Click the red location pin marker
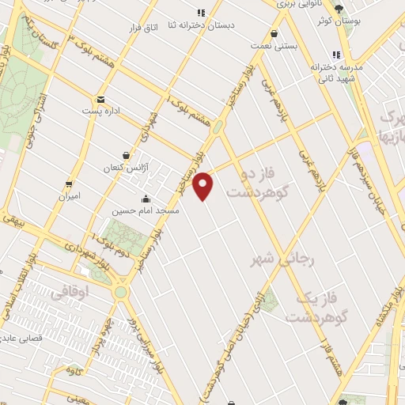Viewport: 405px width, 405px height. (204, 186)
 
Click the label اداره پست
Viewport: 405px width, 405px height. (101, 112)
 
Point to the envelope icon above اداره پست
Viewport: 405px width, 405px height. (101, 100)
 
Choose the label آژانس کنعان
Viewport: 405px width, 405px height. (126, 168)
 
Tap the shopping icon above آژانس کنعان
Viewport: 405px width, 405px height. (127, 156)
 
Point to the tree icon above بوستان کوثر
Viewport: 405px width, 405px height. (339, 9)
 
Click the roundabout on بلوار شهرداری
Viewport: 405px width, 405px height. (120, 292)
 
